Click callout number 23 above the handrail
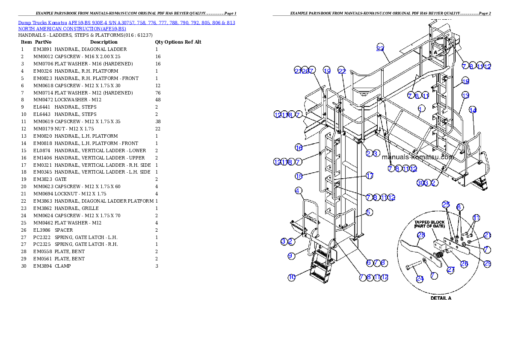[380, 48]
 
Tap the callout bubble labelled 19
[327, 71]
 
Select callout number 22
[341, 71]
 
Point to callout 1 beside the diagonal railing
[421, 108]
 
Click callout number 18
[465, 81]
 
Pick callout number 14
[473, 110]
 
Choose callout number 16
[299, 148]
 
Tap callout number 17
[370, 176]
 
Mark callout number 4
[298, 190]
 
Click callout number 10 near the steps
[291, 277]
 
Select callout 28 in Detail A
[420, 235]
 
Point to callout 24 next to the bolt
[420, 279]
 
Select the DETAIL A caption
[441, 298]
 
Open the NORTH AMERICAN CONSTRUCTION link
[72, 29]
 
